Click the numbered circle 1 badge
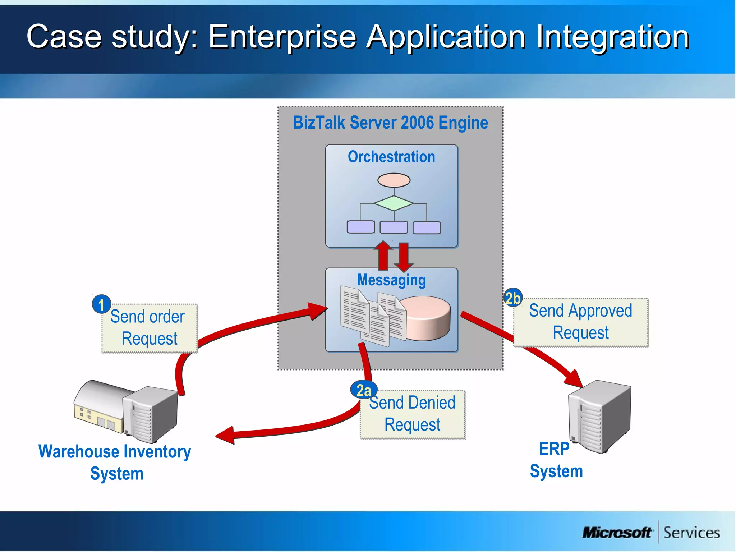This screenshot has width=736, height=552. [101, 304]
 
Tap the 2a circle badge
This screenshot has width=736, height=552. [364, 390]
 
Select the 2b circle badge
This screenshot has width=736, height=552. [512, 298]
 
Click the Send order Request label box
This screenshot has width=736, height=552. [149, 328]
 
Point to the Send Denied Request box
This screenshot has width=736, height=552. [413, 414]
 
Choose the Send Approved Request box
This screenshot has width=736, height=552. [581, 322]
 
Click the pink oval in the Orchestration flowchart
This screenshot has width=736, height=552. [394, 180]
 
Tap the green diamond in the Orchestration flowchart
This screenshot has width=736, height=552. [394, 203]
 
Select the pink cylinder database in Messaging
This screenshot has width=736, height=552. [428, 318]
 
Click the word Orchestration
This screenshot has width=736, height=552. [391, 157]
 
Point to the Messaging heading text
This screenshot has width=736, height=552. [391, 280]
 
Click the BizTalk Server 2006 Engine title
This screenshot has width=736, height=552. [390, 123]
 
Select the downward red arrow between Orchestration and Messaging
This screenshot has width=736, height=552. [404, 257]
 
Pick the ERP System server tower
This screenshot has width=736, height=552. [599, 416]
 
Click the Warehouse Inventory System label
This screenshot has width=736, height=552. [115, 462]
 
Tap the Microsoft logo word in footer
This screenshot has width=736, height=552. [617, 533]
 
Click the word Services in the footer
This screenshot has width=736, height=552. [691, 533]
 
